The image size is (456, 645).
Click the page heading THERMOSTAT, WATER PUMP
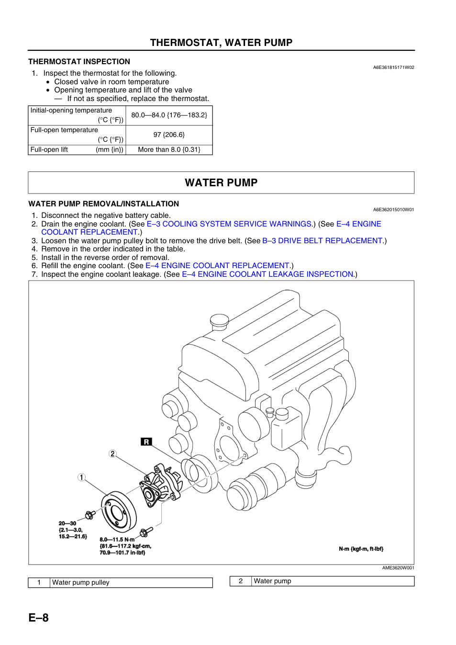(221, 43)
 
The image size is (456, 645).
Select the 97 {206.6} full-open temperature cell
(169, 135)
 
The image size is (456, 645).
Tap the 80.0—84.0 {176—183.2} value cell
(169, 115)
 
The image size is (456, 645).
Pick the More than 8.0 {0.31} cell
(169, 150)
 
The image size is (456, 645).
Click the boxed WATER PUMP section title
(221, 182)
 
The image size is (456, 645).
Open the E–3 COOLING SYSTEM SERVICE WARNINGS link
(229, 224)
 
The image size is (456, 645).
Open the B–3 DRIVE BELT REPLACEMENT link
(322, 240)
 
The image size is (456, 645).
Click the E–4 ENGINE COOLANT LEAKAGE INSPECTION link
(267, 274)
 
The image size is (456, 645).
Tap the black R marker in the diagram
(146, 441)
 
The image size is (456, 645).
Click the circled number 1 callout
(81, 477)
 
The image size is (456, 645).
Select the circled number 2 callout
(112, 454)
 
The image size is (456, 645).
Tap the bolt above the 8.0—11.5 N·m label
(145, 532)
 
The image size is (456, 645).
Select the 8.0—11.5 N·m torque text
(117, 540)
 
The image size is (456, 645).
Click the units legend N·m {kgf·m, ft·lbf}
(361, 549)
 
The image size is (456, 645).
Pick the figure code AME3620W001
(398, 568)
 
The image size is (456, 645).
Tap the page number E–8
(39, 618)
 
